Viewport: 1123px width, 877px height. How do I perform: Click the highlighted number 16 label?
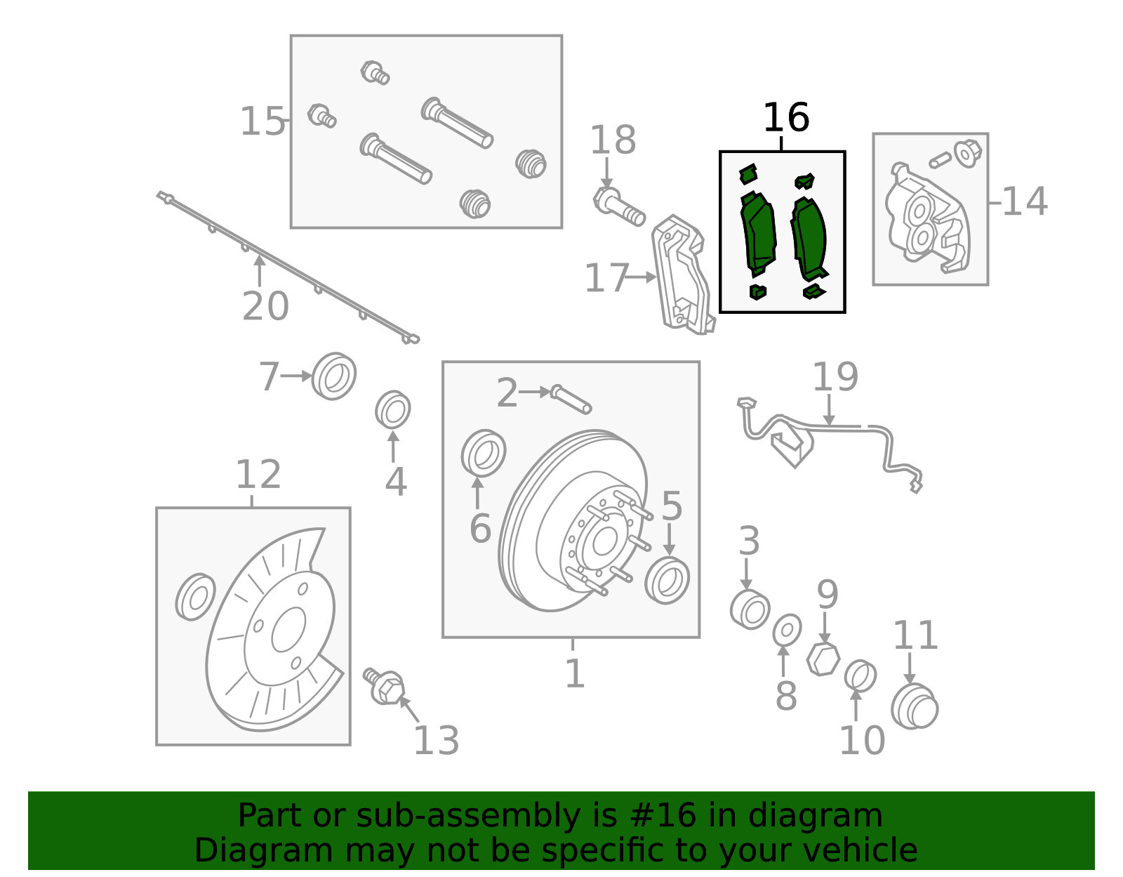pos(785,118)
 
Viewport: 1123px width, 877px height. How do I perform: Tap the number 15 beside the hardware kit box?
pos(263,122)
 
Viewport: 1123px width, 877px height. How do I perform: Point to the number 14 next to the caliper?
pos(1025,202)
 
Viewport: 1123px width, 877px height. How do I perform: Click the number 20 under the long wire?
pos(265,307)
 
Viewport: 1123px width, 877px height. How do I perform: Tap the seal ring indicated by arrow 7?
pos(333,376)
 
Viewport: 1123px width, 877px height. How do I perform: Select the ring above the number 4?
pos(393,410)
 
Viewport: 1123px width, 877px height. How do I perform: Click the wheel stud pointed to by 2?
pos(571,399)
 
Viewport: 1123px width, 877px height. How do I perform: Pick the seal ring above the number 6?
pos(484,453)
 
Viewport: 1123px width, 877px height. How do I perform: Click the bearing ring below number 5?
pos(667,580)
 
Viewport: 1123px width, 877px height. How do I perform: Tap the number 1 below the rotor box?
pos(575,674)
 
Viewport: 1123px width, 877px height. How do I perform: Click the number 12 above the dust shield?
pos(258,475)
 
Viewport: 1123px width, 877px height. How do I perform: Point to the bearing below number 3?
pos(750,609)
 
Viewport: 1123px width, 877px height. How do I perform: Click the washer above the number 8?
pos(787,631)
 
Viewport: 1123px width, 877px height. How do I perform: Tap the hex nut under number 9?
pos(823,659)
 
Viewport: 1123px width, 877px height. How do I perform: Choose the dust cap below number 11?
pos(915,706)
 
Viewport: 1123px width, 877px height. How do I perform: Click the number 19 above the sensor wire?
pos(835,378)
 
